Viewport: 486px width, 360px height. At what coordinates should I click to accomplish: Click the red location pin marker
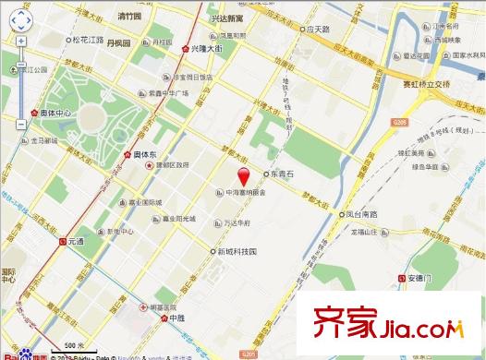click(244, 178)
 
